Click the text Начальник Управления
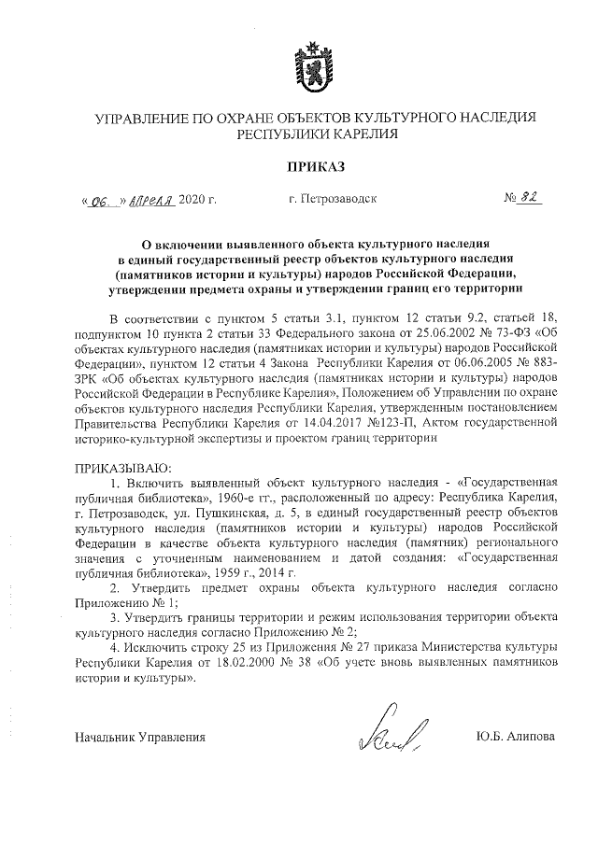pyautogui.click(x=140, y=737)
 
